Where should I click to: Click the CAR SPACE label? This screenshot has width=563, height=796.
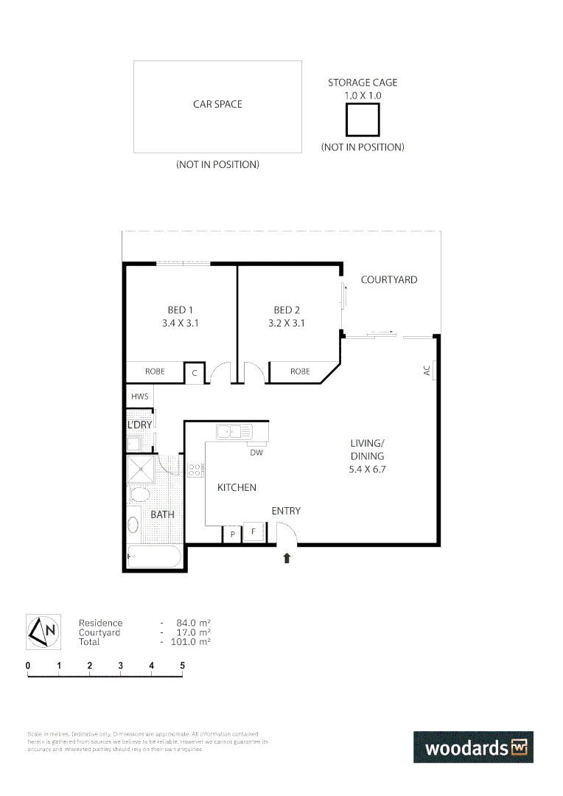pos(217,105)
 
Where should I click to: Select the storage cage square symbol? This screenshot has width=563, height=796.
pos(363,119)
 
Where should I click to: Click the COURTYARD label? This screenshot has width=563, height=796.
pos(388,280)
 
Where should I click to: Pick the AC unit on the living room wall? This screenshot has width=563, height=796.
pos(436,371)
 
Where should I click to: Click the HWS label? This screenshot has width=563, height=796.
pos(139,397)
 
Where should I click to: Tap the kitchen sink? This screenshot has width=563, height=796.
pos(234,431)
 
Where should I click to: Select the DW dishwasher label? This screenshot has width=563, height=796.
pos(256,453)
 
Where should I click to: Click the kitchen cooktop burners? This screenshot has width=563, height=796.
pos(195,469)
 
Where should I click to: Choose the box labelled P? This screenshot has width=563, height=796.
pos(232,534)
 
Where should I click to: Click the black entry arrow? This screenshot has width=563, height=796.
pos(287,559)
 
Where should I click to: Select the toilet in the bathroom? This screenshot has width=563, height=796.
pos(139,494)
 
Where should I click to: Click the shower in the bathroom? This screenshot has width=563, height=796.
pos(141,469)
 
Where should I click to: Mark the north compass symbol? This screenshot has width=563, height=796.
pos(43,632)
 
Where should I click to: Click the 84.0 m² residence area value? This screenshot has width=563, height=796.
pos(188,624)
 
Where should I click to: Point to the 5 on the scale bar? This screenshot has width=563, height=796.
pos(182,666)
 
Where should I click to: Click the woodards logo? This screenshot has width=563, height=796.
pos(473,747)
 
